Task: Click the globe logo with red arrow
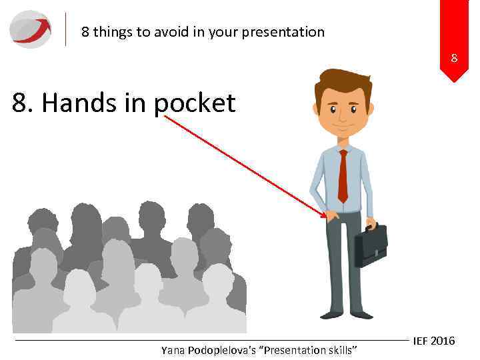(31, 29)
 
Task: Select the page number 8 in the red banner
(454, 58)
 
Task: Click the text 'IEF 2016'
(433, 341)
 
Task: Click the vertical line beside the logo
(66, 29)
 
